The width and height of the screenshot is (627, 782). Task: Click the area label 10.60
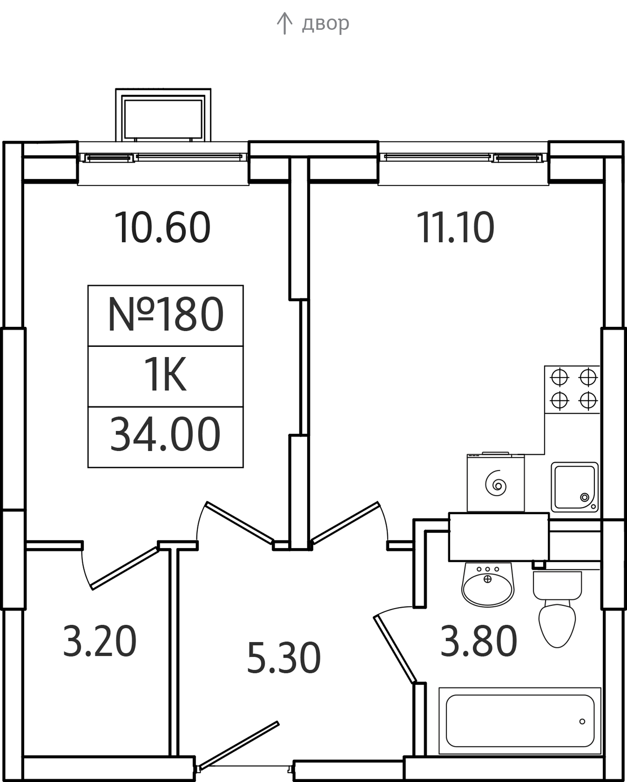point(162,227)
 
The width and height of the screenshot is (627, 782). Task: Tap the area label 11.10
point(455,227)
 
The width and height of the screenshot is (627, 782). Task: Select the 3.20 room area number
point(99,642)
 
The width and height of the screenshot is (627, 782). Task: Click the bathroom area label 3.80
point(478,642)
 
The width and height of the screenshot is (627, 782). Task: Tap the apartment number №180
point(166,315)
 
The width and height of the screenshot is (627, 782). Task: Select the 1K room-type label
point(166,376)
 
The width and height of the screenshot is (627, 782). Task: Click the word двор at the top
point(325,24)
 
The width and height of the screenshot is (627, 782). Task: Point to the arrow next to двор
point(284,23)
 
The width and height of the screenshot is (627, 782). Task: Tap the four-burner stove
point(573,389)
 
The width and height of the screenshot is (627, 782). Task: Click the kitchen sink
point(574,487)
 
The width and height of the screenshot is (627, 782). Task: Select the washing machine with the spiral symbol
point(495,483)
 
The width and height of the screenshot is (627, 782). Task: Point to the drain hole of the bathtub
point(582,721)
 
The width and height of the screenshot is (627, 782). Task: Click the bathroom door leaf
point(395,649)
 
